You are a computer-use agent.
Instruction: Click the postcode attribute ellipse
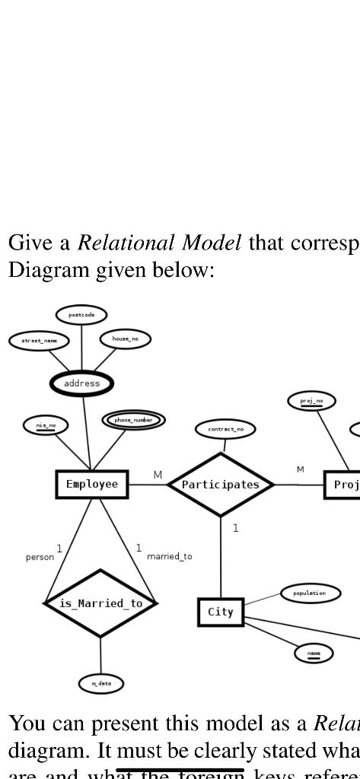81,314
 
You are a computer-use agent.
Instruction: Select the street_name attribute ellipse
39,341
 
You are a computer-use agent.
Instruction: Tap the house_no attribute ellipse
126,339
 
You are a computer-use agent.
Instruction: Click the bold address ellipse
81,383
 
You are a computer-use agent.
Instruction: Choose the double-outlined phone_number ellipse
134,420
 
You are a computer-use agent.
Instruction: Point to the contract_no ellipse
226,430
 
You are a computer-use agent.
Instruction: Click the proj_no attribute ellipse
312,400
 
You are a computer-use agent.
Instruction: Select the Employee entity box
92,485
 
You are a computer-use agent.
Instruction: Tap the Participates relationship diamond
220,485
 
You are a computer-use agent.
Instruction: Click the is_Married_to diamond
100,603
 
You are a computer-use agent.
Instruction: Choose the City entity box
221,612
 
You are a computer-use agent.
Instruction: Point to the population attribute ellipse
311,593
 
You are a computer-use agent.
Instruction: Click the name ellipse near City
314,653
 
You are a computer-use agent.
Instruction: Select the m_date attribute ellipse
101,684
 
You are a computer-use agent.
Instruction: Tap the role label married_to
170,557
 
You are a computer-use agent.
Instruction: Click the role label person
40,557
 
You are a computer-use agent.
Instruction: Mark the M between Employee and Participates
158,475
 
